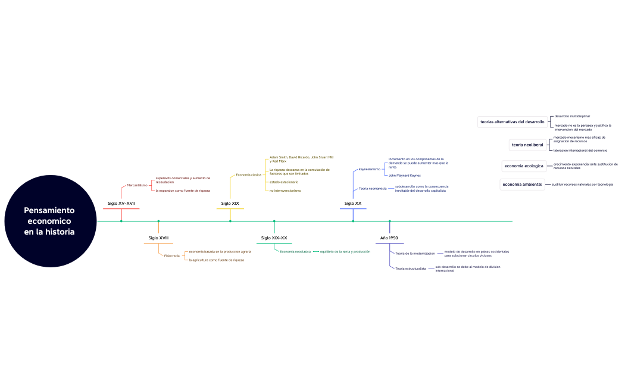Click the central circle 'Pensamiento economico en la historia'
[49, 221]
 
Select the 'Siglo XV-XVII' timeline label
[121, 204]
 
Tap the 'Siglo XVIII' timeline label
[158, 238]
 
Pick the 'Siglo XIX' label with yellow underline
[230, 204]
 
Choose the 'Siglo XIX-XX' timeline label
[274, 238]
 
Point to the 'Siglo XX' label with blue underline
[353, 204]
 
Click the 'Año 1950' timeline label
[389, 238]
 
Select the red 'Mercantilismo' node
[137, 185]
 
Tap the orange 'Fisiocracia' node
[172, 255]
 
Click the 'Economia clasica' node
[249, 175]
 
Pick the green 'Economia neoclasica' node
[295, 252]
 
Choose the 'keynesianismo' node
[369, 169]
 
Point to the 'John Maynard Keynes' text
[405, 176]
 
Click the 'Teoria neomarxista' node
[373, 189]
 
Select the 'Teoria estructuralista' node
[411, 269]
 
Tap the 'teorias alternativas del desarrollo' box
[512, 122]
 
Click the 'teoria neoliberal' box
[527, 145]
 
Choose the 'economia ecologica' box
[523, 166]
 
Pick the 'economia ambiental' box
[522, 185]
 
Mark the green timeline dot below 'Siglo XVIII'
[158, 221]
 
